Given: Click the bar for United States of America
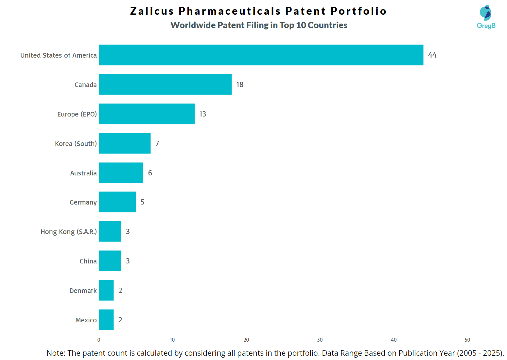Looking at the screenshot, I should (x=261, y=55).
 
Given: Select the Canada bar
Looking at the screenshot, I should (x=165, y=84).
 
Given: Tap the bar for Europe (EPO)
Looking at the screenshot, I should (x=147, y=114).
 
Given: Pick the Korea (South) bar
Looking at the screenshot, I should (x=125, y=143).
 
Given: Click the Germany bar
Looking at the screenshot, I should (x=117, y=202).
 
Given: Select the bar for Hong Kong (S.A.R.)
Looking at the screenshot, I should (x=110, y=231).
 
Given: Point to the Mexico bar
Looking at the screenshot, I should (x=106, y=320).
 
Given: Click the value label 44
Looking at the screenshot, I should (x=432, y=55).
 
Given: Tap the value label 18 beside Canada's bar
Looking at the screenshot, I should (x=240, y=85).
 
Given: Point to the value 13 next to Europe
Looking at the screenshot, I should (x=203, y=114).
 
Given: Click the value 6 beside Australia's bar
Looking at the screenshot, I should (x=150, y=173).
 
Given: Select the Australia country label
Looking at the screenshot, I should (x=83, y=173).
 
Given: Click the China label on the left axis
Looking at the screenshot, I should (x=88, y=261).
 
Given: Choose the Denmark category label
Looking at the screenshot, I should (x=83, y=291).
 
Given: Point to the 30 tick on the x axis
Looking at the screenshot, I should (x=320, y=340).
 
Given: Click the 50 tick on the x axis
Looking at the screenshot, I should (x=467, y=340).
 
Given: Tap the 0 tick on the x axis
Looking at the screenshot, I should (x=99, y=340).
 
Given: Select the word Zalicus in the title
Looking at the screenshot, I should (x=152, y=11).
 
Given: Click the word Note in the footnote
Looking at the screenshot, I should (x=56, y=353).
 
